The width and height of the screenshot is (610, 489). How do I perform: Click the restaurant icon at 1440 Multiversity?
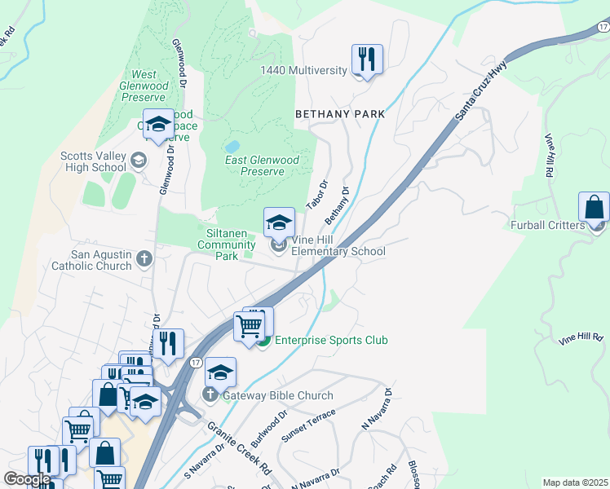tap(367, 59)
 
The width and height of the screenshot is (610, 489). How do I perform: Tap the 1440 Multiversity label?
tap(303, 71)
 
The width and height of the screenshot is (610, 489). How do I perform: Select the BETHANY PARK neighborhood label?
tap(339, 115)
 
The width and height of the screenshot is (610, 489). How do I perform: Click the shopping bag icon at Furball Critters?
tap(594, 207)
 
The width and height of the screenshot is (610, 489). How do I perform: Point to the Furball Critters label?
tap(549, 225)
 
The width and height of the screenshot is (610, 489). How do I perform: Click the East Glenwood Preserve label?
tap(266, 165)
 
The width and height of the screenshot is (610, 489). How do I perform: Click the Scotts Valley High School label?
tap(93, 161)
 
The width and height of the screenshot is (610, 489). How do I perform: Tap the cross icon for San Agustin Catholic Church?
tap(144, 258)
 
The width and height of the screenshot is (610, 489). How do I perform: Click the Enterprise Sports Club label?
tap(331, 340)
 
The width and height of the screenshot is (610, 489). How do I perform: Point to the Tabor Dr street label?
tap(316, 195)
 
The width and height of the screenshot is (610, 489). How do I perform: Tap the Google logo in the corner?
tap(27, 478)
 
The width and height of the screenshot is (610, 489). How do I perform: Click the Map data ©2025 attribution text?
tap(574, 482)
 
